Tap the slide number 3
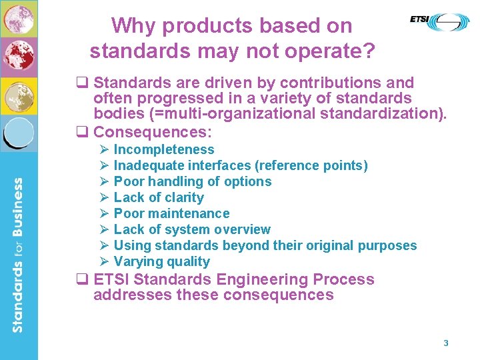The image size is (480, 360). (446, 343)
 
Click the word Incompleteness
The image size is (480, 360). (164, 149)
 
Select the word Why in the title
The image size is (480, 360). (133, 26)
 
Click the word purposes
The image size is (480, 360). (387, 245)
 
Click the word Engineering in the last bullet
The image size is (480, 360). (255, 279)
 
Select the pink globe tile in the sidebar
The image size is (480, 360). (18, 18)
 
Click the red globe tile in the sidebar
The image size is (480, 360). (18, 57)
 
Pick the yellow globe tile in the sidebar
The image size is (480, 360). (18, 95)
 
